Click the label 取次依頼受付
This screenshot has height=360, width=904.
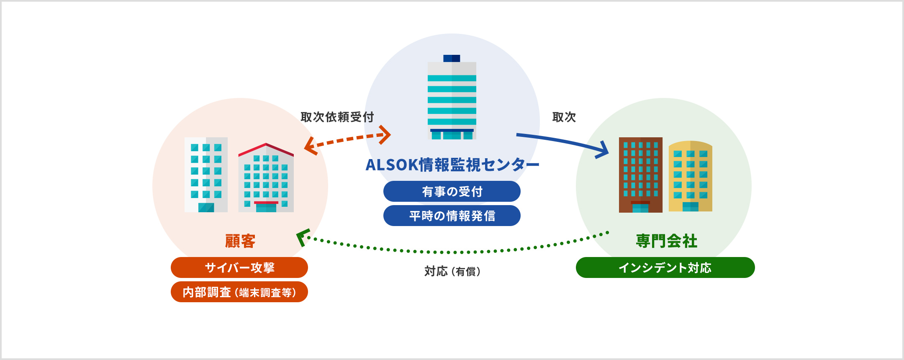pyautogui.click(x=337, y=117)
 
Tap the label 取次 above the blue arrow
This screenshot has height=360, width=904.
pyautogui.click(x=564, y=117)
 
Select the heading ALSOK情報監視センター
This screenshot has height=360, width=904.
pyautogui.click(x=452, y=165)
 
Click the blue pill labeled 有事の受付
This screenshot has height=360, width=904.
pyautogui.click(x=452, y=191)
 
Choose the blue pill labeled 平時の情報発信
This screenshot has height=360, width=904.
pyautogui.click(x=452, y=216)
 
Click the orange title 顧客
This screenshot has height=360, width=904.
pyautogui.click(x=240, y=241)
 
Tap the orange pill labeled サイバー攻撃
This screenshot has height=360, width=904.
pyautogui.click(x=239, y=267)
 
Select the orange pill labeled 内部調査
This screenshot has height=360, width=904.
pyautogui.click(x=239, y=292)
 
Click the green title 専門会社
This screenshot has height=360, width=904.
pyautogui.click(x=666, y=241)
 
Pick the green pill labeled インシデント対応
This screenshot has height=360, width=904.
pyautogui.click(x=665, y=267)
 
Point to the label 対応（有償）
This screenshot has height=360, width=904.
pyautogui.click(x=452, y=272)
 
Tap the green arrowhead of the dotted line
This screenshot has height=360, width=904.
pyautogui.click(x=302, y=237)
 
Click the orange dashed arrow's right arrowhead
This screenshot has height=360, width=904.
pyautogui.click(x=385, y=134)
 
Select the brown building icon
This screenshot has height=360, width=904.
pyautogui.click(x=640, y=175)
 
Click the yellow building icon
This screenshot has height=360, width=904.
pyautogui.click(x=690, y=176)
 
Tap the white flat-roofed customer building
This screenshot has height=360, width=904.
pyautogui.click(x=206, y=175)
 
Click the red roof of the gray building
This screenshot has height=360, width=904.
pyautogui.click(x=266, y=149)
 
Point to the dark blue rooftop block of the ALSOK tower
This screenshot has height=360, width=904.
pyautogui.click(x=452, y=58)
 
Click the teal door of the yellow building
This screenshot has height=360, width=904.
pyautogui.click(x=690, y=207)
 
